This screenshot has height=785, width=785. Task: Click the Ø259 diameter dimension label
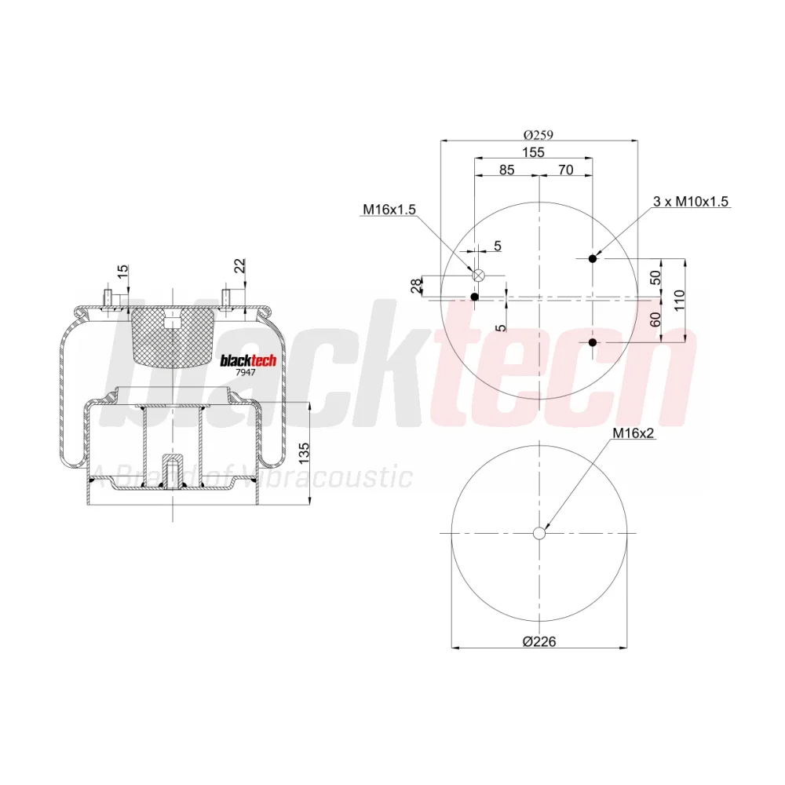(x=539, y=135)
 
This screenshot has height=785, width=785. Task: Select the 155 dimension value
(x=533, y=152)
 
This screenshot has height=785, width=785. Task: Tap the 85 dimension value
(x=506, y=170)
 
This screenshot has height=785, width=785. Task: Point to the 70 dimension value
(x=565, y=170)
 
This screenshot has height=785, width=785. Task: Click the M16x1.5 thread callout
(x=389, y=210)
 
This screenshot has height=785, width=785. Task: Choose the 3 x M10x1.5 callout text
(x=690, y=201)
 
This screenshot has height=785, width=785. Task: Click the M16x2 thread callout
(x=633, y=433)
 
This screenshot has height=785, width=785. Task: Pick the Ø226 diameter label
(x=539, y=641)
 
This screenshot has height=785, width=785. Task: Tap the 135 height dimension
(x=304, y=453)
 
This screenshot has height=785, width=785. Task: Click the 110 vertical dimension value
(x=679, y=300)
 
